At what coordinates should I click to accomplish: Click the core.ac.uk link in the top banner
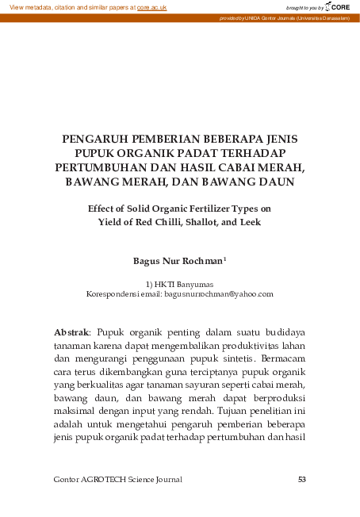point(150,6)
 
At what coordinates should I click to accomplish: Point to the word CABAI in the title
point(249,167)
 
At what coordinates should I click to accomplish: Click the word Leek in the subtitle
point(248,222)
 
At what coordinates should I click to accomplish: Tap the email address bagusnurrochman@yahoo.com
point(219,293)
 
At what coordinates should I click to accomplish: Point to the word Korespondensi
point(111,293)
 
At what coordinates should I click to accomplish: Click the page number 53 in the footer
point(301,479)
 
